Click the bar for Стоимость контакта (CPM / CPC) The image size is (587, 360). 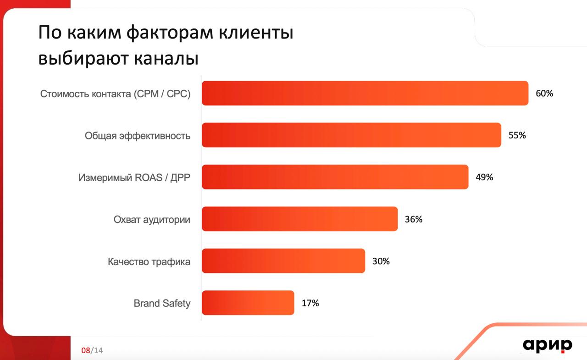tap(365, 93)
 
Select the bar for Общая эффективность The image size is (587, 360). tap(351, 135)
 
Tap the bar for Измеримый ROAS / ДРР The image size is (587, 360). tap(335, 177)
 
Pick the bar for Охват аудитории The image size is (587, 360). tap(300, 219)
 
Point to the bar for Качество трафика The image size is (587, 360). tap(283, 260)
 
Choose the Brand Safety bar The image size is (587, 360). tap(248, 303)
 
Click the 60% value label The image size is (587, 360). tap(544, 93)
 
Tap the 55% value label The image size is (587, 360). tap(517, 135)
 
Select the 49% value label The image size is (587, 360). tap(484, 177)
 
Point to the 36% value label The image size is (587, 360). tap(414, 219)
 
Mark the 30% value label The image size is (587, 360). tap(381, 261)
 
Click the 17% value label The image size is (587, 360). tap(310, 303)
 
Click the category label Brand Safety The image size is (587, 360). tap(162, 304)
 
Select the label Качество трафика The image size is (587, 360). tap(149, 261)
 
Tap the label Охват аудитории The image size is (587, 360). tap(152, 220)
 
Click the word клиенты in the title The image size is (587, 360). tap(256, 33)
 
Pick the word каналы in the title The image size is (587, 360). tap(166, 58)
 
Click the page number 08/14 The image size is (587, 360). tap(92, 350)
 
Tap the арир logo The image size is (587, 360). tap(548, 346)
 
